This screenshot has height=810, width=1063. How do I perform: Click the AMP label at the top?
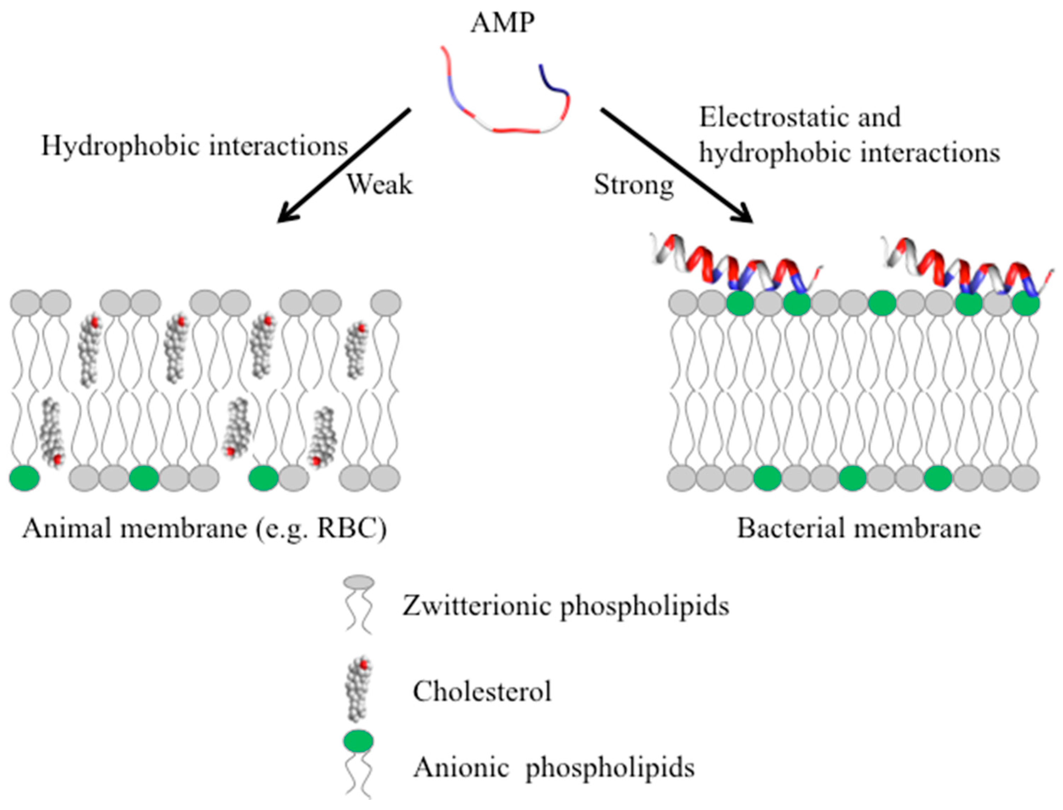pos(502,23)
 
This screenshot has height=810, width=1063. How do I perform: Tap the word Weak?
pos(380,185)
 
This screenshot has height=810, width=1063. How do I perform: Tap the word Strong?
pos(633,185)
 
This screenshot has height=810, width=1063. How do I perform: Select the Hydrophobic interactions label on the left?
pos(194,146)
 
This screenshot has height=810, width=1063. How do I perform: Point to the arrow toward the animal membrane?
pos(343,165)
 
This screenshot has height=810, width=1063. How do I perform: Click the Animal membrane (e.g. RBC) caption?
pos(204,529)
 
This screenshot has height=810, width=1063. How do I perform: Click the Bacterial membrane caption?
pos(859,529)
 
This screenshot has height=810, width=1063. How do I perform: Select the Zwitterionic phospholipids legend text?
pos(566,606)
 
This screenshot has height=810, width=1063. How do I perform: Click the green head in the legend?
pos(358,741)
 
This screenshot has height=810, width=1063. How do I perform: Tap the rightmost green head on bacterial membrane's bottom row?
pos(938,478)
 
